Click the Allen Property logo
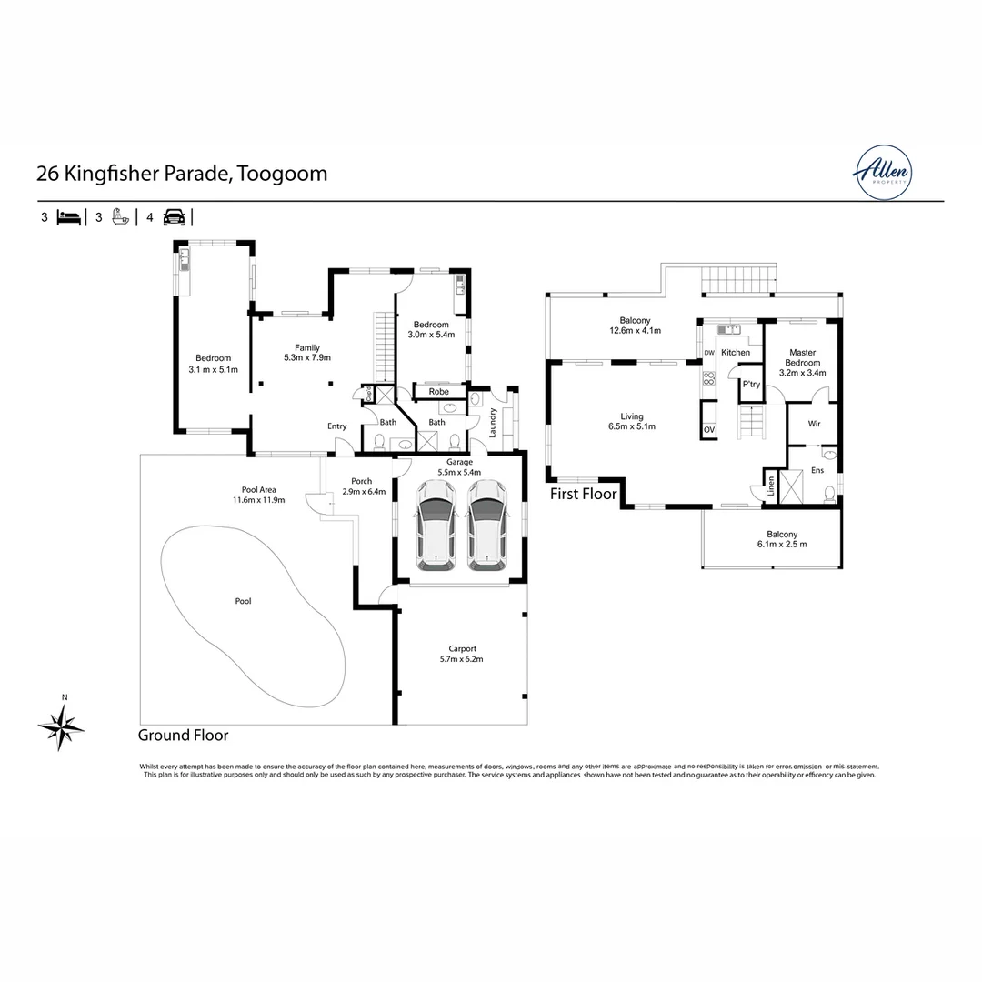coord(881,172)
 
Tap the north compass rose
coord(61,726)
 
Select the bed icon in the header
coord(69,217)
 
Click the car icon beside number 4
coord(174,217)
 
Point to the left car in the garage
coord(435,526)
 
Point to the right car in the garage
coord(486,526)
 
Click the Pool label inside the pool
coord(243,601)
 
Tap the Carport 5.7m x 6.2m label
coord(458,654)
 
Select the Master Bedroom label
coord(803,363)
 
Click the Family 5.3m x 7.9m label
coord(306,353)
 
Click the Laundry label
coord(492,423)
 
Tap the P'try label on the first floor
coord(751,385)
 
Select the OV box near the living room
coord(708,430)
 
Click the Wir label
coord(814,423)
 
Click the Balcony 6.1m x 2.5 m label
coord(770,539)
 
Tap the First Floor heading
coord(583,495)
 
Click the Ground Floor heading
coord(183,736)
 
